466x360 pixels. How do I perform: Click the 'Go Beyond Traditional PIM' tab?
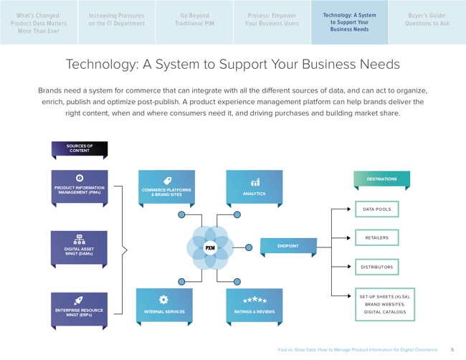pyautogui.click(x=194, y=19)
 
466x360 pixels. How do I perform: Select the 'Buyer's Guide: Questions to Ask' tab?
pyautogui.click(x=427, y=19)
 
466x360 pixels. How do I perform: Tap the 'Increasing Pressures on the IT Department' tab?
pyautogui.click(x=117, y=19)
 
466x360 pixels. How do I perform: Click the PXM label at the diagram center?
pyautogui.click(x=210, y=248)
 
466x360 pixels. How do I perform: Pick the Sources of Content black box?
pyautogui.click(x=80, y=149)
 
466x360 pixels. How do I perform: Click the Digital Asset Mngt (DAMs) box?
pyautogui.click(x=80, y=247)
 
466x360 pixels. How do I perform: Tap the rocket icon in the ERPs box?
pyautogui.click(x=79, y=300)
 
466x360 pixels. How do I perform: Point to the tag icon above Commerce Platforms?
pyautogui.click(x=167, y=181)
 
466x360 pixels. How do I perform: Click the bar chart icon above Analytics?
pyautogui.click(x=255, y=182)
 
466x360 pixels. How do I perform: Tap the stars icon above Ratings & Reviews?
pyautogui.click(x=255, y=300)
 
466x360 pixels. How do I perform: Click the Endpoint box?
pyautogui.click(x=287, y=246)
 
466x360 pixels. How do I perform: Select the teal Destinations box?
pyautogui.click(x=381, y=179)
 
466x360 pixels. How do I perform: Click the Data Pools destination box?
pyautogui.click(x=377, y=209)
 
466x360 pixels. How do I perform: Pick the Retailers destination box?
pyautogui.click(x=377, y=237)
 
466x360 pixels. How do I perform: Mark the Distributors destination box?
pyautogui.click(x=377, y=267)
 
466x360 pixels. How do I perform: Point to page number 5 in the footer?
pyautogui.click(x=452, y=350)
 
